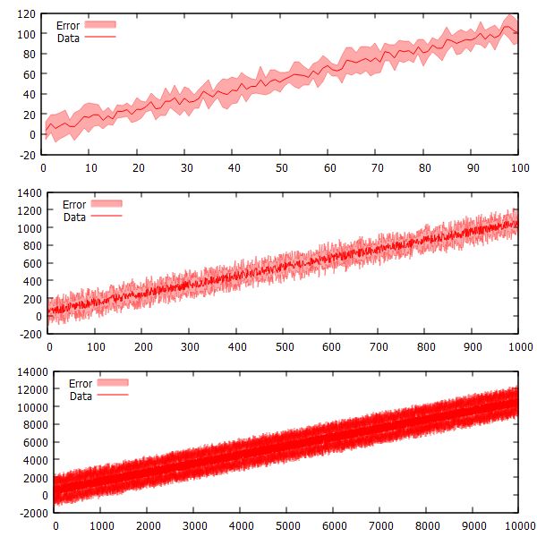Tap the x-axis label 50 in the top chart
(x=281, y=166)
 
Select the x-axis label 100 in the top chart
(x=517, y=166)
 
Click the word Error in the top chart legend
(x=68, y=26)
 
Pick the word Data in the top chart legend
(x=69, y=38)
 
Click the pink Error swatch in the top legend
(x=101, y=26)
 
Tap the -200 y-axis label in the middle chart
(x=28, y=333)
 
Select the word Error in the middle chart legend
(x=73, y=204)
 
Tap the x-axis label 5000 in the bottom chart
(x=286, y=526)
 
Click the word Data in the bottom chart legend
(x=81, y=396)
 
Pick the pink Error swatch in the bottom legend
(x=113, y=383)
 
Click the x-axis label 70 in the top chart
(x=377, y=166)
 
